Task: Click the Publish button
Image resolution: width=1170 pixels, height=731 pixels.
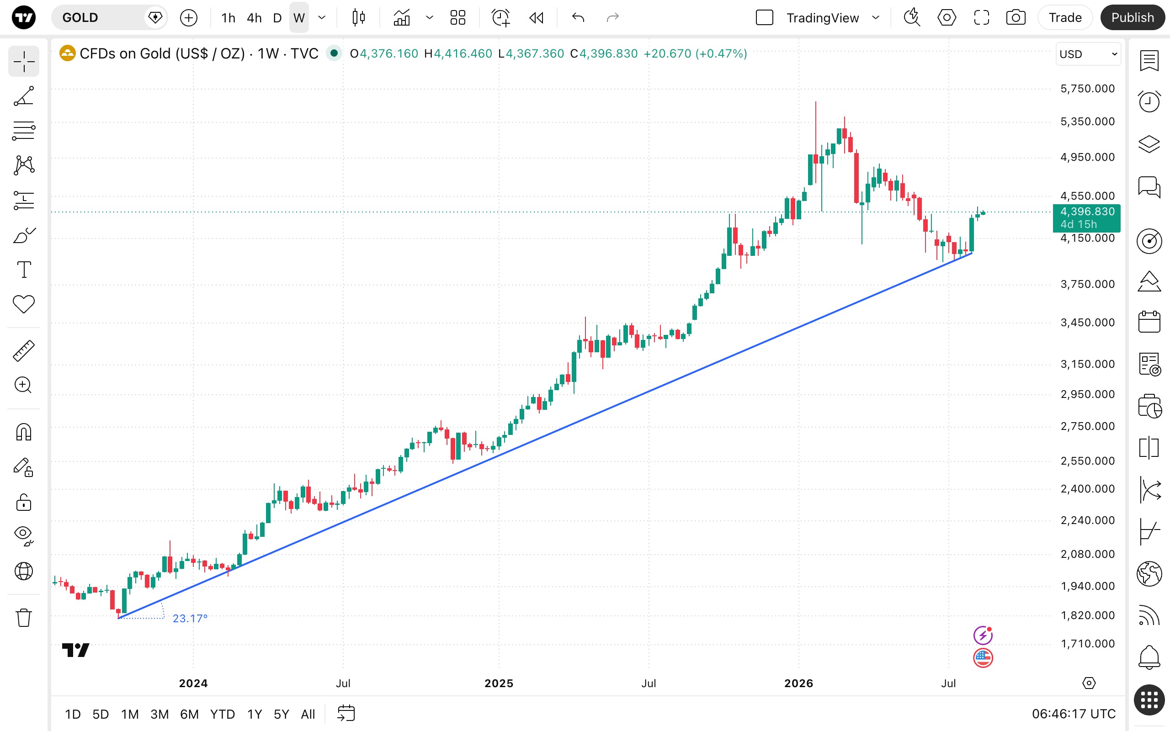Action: point(1132,18)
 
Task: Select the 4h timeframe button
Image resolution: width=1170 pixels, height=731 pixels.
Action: point(254,18)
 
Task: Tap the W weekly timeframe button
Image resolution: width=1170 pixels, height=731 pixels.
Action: point(299,18)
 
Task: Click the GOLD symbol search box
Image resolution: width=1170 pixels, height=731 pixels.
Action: point(109,18)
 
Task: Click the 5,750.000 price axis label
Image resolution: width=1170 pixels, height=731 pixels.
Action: point(1087,89)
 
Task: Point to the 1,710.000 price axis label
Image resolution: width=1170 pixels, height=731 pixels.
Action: point(1087,643)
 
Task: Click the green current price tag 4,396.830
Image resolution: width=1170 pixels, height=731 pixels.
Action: point(1086,217)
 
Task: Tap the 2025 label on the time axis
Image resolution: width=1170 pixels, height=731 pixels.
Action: point(499,683)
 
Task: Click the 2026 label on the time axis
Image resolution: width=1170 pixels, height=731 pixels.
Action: point(799,683)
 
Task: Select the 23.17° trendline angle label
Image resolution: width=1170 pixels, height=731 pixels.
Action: point(190,618)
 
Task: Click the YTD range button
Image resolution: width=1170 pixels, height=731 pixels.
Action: point(223,714)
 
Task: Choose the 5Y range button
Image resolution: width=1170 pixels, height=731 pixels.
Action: point(282,714)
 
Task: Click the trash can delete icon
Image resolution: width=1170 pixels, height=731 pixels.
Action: point(24,617)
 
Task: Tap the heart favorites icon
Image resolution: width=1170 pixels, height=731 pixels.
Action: point(24,304)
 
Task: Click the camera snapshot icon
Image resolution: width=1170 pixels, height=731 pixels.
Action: point(1016,18)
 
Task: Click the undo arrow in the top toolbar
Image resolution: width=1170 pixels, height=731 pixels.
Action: point(578,18)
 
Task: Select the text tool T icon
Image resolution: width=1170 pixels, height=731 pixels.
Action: point(24,269)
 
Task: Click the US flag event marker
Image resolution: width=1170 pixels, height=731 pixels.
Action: point(983,658)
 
